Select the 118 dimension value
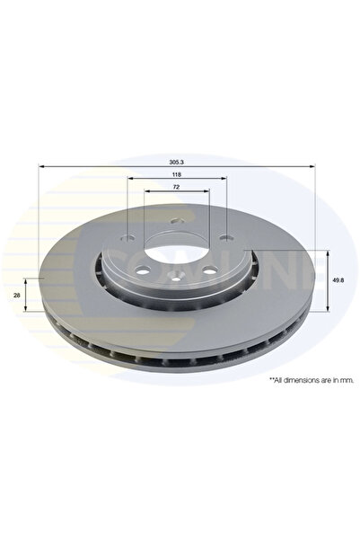177,176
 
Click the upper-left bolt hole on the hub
127,238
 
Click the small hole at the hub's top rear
177,225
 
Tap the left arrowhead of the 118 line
129,181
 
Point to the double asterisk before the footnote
270,379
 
